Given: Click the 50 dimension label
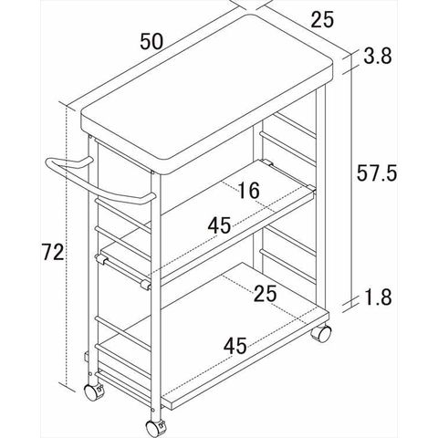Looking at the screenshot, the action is (x=151, y=41).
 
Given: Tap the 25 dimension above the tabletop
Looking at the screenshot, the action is (x=322, y=19).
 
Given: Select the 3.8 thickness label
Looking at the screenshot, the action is (x=378, y=56).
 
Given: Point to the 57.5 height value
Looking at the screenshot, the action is (x=377, y=172).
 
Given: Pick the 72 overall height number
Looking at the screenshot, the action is (x=53, y=252).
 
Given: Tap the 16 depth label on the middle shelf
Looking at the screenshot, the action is (x=249, y=191).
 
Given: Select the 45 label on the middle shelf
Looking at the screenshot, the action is (x=219, y=225).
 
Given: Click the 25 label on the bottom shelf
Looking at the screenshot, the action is (x=266, y=294).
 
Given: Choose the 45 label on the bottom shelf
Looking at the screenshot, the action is (x=235, y=346).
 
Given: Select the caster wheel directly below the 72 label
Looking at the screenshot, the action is (x=93, y=392).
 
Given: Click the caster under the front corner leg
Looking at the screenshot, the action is (x=155, y=428).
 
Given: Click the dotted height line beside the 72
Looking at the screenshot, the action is (x=67, y=245).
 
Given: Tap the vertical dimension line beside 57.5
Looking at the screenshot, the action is (x=351, y=180).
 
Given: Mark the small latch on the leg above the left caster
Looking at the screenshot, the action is (x=86, y=357).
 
